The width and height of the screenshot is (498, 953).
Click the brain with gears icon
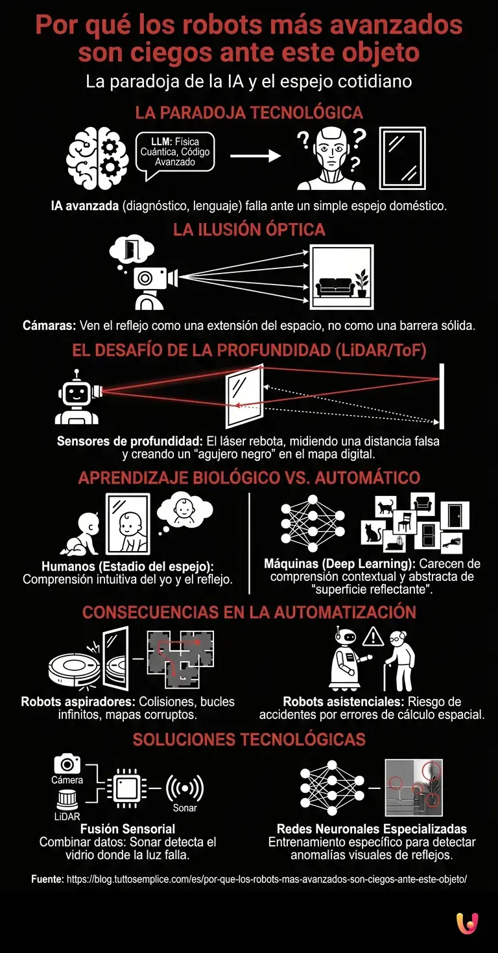click(x=97, y=158)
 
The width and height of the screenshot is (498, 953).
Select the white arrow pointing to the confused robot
click(x=255, y=156)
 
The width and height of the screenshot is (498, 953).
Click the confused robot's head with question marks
click(x=331, y=158)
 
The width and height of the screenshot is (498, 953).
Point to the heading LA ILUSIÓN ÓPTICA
click(x=249, y=229)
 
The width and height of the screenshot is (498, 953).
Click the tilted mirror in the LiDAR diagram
click(x=244, y=396)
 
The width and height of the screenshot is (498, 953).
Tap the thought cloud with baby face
click(x=184, y=512)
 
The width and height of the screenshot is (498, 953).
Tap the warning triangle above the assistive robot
click(x=373, y=637)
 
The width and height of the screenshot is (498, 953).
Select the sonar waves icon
click(x=185, y=788)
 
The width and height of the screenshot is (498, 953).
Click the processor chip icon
click(x=126, y=788)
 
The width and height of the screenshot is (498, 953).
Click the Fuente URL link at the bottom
click(x=267, y=879)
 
